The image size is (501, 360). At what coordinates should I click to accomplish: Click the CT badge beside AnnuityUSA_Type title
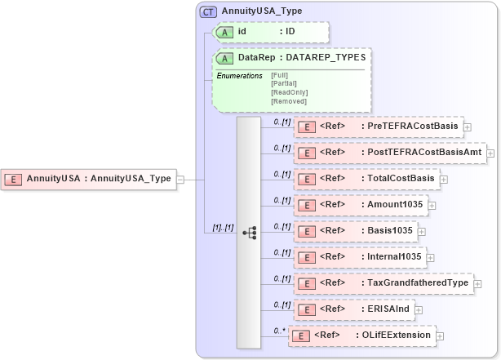click(x=208, y=12)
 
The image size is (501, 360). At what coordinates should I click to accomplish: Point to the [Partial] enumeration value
click(x=283, y=83)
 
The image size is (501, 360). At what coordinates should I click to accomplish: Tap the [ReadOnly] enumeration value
click(x=289, y=92)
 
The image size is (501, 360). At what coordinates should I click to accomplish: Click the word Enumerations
click(x=238, y=75)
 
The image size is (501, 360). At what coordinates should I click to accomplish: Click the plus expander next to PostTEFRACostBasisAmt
click(x=490, y=153)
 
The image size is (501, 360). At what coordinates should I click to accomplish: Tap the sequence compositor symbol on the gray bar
click(x=249, y=233)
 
